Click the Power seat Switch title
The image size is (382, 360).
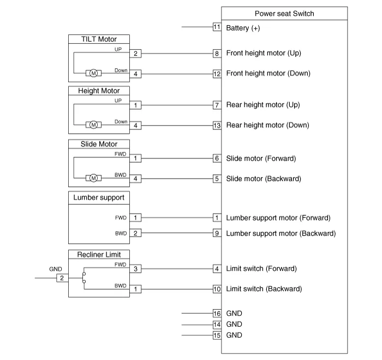(285, 14)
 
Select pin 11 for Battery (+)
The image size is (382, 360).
(217, 27)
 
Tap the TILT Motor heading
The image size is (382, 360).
(99, 39)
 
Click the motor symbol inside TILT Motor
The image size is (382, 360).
(93, 73)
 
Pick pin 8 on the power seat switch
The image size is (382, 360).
(217, 53)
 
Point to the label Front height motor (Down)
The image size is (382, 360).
(268, 73)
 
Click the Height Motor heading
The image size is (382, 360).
(99, 91)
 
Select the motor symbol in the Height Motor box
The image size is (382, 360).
(93, 125)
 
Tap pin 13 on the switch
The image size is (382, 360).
(217, 125)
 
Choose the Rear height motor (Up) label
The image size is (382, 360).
(263, 104)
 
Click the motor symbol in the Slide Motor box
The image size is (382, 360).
(93, 178)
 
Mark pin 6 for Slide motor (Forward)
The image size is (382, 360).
(217, 158)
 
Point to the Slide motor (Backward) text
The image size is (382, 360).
(264, 179)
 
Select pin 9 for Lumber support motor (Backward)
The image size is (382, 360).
(217, 233)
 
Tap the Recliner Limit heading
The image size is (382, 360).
(99, 254)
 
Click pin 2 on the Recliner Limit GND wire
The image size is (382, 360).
(62, 278)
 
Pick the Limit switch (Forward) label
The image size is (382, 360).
(261, 269)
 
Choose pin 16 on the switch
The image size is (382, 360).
(217, 314)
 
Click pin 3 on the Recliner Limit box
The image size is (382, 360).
(135, 269)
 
